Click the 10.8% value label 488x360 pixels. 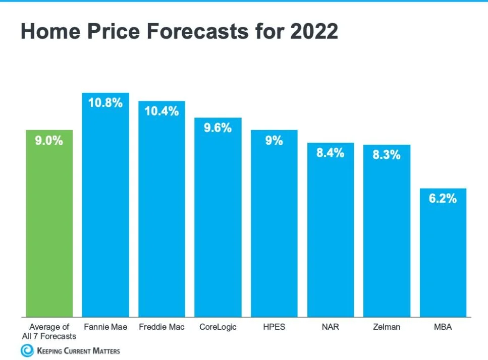point(106,103)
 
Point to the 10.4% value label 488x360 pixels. point(162,111)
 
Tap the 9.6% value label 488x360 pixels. point(218,128)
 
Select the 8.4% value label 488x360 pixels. point(330,153)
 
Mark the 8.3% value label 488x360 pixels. point(387,155)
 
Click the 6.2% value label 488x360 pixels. point(443,198)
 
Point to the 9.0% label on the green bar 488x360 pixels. point(49,141)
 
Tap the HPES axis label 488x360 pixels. point(274,327)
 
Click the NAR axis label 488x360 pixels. point(330,327)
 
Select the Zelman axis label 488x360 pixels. point(387,327)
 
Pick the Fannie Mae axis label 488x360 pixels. point(105,327)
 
